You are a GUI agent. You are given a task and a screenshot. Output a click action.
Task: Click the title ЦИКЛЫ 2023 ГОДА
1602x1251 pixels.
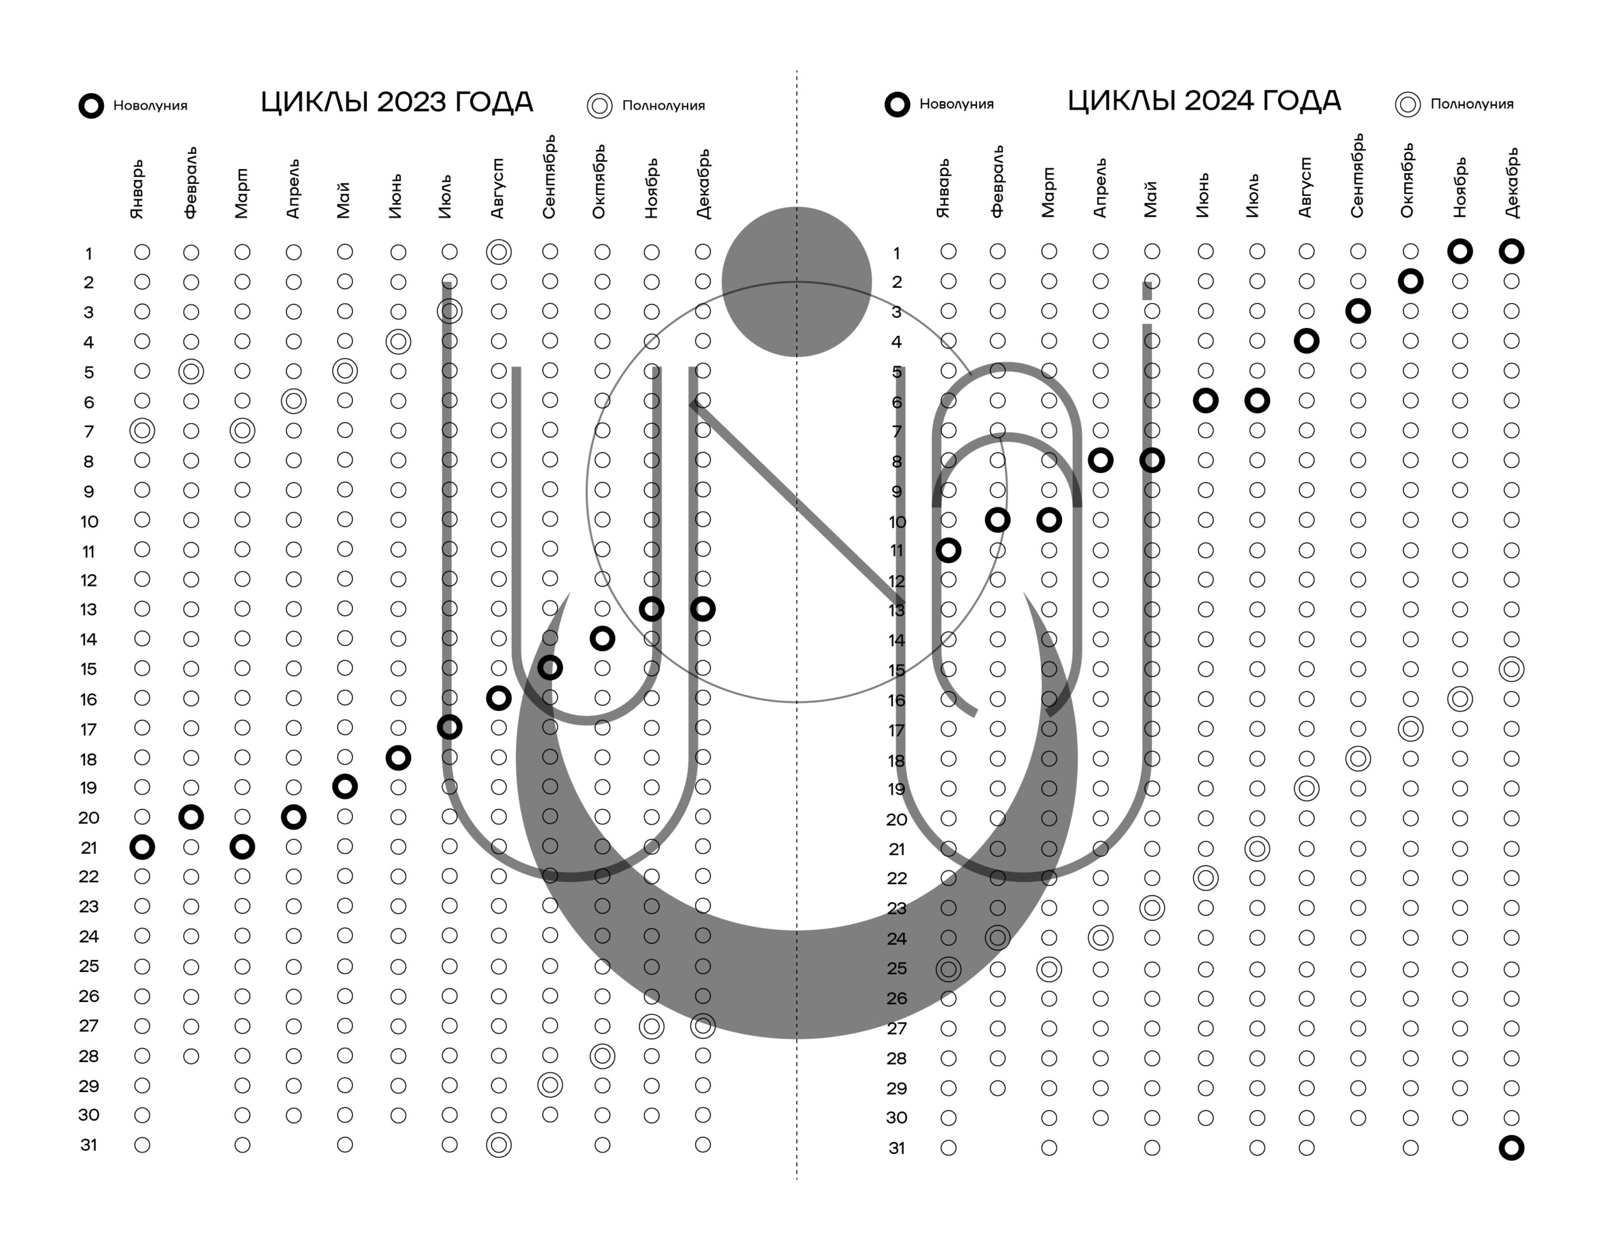[397, 102]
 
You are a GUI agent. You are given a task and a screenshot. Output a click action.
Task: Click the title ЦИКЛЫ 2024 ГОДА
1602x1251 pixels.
[1204, 101]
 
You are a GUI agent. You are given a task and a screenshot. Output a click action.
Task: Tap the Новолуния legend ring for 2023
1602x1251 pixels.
[91, 106]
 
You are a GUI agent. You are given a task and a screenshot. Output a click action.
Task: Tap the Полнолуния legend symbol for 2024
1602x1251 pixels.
[1407, 104]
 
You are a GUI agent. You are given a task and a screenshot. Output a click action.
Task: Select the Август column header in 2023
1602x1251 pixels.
[497, 188]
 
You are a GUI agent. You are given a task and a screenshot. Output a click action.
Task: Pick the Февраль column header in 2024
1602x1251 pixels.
[997, 181]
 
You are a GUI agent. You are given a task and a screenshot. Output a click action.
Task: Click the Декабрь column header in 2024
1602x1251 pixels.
[1511, 183]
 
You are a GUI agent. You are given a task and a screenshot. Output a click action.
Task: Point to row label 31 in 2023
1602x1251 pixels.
[89, 1145]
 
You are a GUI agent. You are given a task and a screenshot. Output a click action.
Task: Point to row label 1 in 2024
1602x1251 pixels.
[896, 253]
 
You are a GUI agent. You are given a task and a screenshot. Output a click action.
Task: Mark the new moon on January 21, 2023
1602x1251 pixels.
[141, 847]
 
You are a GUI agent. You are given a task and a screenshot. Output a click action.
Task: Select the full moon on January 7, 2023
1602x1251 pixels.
[141, 430]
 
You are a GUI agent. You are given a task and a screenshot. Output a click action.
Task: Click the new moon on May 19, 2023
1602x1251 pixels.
[345, 787]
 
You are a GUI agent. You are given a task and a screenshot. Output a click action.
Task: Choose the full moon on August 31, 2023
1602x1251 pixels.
[499, 1145]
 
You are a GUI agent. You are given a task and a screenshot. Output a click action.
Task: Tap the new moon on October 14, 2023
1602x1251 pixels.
[602, 638]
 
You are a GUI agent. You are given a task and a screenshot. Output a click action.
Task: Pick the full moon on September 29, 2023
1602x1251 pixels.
[550, 1085]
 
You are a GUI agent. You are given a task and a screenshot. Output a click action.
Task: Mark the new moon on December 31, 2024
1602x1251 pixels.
[1511, 1148]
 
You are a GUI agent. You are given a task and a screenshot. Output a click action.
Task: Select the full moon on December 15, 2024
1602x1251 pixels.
[1511, 669]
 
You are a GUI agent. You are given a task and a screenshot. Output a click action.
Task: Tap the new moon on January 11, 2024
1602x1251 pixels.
[949, 550]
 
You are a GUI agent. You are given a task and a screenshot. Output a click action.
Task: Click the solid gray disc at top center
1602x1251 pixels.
[797, 282]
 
